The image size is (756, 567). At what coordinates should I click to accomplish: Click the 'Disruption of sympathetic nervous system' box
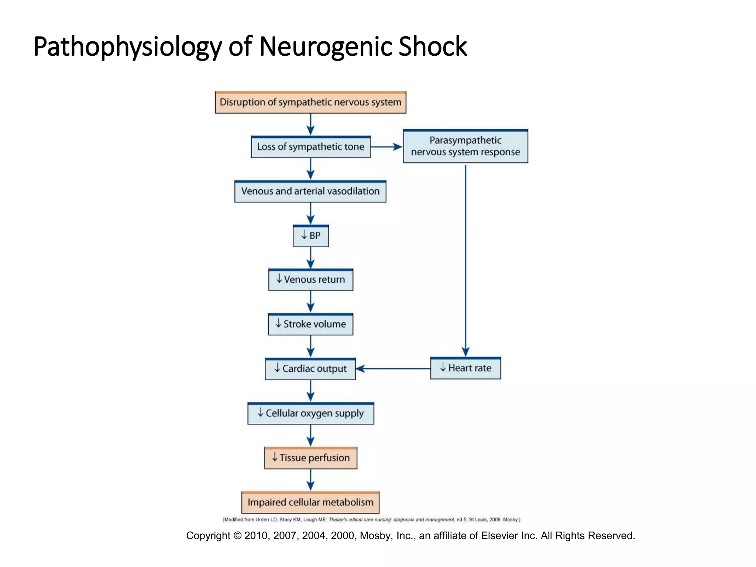pos(310,102)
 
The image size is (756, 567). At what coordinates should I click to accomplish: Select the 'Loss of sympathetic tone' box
pos(310,147)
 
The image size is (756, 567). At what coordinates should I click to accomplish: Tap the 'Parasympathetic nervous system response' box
pos(465,146)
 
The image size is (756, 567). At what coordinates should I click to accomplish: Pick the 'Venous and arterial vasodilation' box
pos(310,191)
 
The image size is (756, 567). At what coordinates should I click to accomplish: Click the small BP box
pos(310,236)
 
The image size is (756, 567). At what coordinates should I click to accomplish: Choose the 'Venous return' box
pos(310,280)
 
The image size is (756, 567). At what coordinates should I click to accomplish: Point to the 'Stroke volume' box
pos(310,324)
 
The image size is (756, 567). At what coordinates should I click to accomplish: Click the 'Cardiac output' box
pos(310,369)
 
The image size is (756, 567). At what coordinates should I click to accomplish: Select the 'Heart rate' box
pos(465,368)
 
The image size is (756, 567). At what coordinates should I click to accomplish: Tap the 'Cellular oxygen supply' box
pos(310,413)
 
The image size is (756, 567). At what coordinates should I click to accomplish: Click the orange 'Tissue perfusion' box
pos(310,458)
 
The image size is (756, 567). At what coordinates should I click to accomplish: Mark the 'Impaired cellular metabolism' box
pos(310,502)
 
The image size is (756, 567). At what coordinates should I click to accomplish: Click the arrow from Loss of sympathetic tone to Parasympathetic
pos(386,147)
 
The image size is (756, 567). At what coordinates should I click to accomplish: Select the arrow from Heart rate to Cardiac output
pos(393,368)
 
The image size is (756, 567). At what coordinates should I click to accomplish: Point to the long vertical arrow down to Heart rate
pos(465,258)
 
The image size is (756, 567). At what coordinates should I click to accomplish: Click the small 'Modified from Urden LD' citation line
pos(371,520)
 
